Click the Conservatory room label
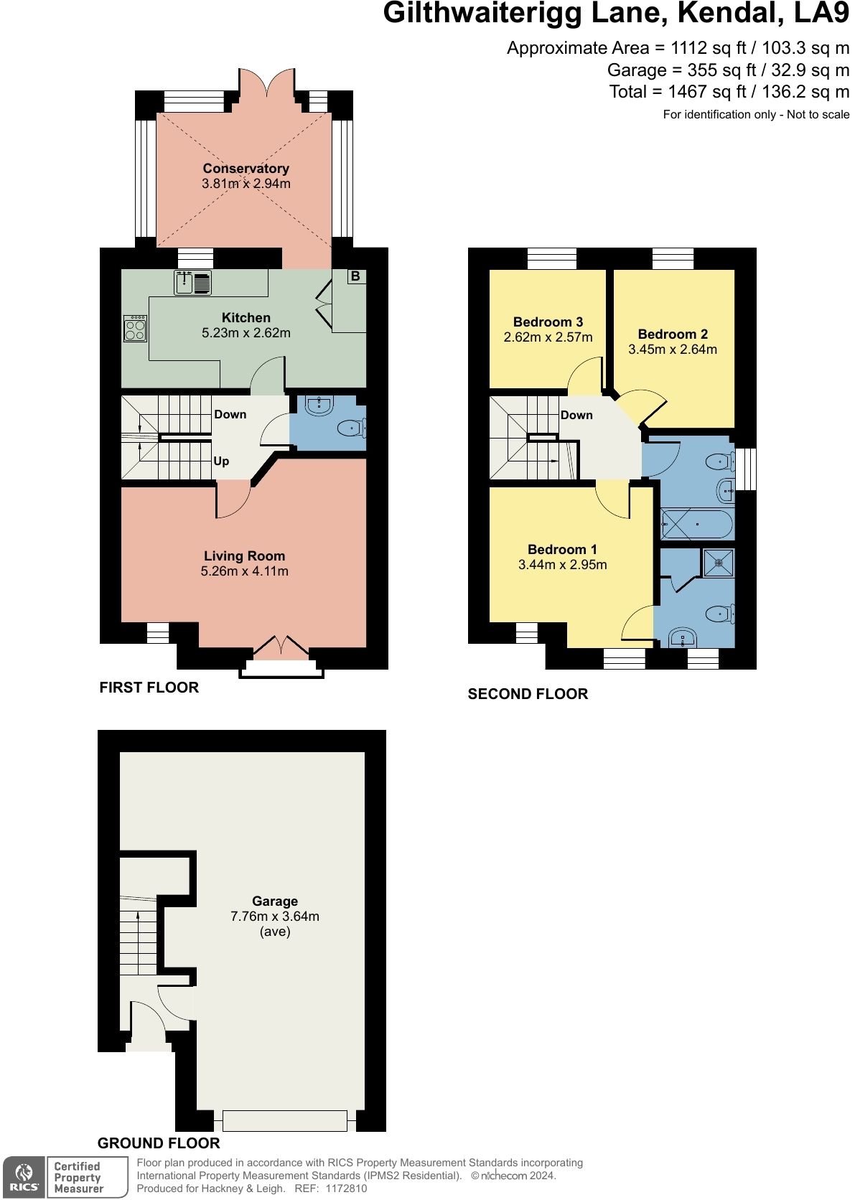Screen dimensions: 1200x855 (246, 169)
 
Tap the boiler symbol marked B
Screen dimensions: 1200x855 (355, 276)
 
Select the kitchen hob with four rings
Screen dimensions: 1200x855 (135, 329)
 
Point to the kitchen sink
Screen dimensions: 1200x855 (192, 283)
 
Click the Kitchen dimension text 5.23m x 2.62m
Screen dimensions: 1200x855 (246, 333)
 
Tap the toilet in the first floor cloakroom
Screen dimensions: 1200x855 (352, 428)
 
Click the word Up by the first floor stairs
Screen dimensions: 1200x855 (221, 461)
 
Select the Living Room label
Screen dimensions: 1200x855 (244, 556)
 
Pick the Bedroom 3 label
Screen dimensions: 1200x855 (548, 322)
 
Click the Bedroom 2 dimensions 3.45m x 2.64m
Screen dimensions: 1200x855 (673, 350)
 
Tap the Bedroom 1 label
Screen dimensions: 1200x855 (562, 550)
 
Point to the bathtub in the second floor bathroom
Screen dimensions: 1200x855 (696, 525)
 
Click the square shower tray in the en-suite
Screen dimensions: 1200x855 (718, 563)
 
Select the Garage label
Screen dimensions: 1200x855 (275, 901)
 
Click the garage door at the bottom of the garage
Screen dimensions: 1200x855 (285, 1120)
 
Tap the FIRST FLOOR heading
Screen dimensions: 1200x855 (149, 688)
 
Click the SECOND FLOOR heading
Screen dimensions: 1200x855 (528, 694)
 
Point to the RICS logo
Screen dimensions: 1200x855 (24, 1178)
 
